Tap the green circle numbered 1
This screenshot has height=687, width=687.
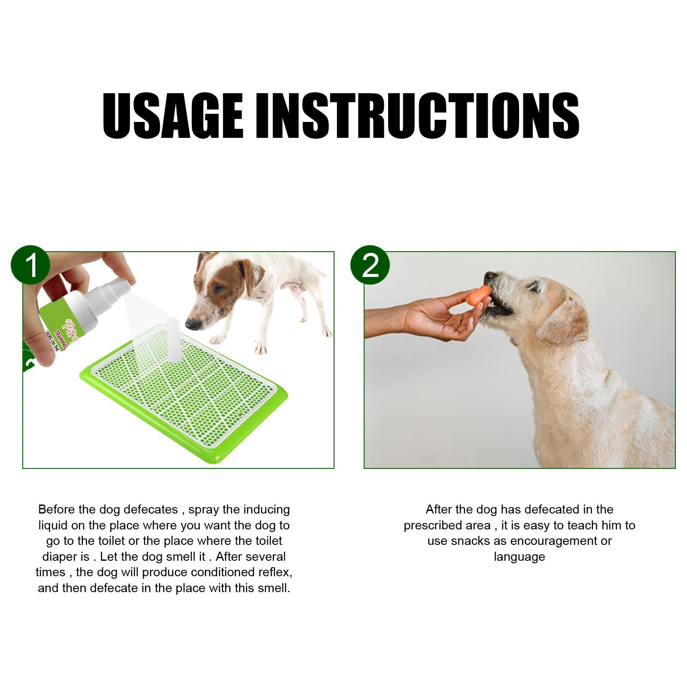click(30, 265)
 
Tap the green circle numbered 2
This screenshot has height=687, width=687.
click(370, 265)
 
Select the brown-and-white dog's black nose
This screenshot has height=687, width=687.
click(192, 323)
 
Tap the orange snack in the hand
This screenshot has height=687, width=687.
click(479, 295)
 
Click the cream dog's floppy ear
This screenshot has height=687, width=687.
click(562, 322)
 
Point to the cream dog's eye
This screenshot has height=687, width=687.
click(534, 286)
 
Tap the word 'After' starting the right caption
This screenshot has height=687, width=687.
click(439, 510)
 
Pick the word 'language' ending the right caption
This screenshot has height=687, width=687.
click(519, 557)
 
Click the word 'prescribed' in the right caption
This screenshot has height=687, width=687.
click(447, 526)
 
